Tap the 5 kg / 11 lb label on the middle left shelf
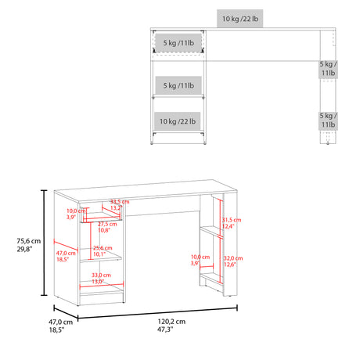click(x=177, y=84)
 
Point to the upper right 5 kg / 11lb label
click(x=328, y=68)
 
